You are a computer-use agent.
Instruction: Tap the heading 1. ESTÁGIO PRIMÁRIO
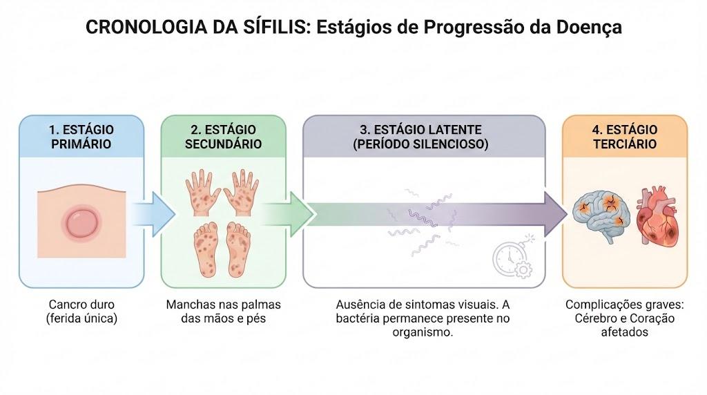pyautogui.click(x=81, y=137)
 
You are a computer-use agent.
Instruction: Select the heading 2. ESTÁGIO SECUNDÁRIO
pyautogui.click(x=223, y=137)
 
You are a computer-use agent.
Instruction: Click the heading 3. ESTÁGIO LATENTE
pyautogui.click(x=420, y=130)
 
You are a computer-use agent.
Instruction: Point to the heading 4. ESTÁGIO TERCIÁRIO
pyautogui.click(x=624, y=137)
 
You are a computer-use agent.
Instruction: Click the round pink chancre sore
pyautogui.click(x=81, y=223)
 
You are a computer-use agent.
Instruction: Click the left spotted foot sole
pyautogui.click(x=206, y=249)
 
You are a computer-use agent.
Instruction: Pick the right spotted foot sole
pyautogui.click(x=238, y=249)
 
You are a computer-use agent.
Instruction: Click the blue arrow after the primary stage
pyautogui.click(x=153, y=214)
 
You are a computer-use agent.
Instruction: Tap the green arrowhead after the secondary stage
pyautogui.click(x=301, y=214)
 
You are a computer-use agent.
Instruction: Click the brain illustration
pyautogui.click(x=601, y=215)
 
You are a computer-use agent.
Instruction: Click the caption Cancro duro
pyautogui.click(x=81, y=305)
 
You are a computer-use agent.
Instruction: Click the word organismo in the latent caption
pyautogui.click(x=423, y=333)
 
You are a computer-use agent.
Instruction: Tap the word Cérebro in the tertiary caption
pyautogui.click(x=594, y=318)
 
